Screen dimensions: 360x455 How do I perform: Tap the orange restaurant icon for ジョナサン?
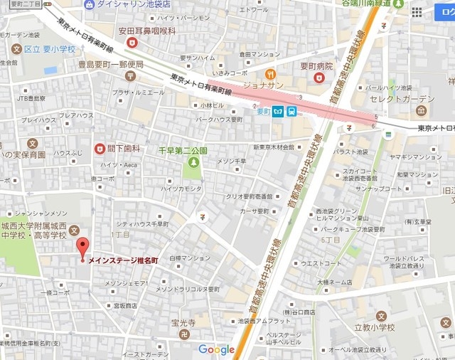pos(269,73)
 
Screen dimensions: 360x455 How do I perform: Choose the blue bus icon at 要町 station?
pos(291,110)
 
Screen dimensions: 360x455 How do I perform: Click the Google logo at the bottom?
pos(216,349)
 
